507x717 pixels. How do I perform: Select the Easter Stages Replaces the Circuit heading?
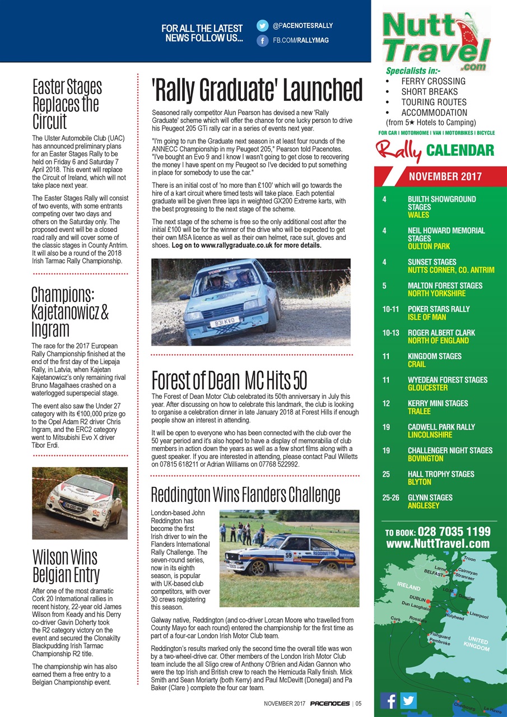[x=67, y=104]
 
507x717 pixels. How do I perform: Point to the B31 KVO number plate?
[x=224, y=322]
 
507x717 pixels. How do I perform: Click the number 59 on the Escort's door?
[x=289, y=556]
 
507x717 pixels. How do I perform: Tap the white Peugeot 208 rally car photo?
[x=80, y=502]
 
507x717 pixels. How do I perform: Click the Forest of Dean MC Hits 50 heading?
[x=229, y=380]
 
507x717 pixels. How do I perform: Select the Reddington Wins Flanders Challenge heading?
[x=245, y=495]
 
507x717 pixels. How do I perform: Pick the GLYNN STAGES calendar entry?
[x=430, y=501]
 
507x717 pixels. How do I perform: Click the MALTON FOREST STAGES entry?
[x=445, y=289]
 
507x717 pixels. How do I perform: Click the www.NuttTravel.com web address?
[x=438, y=543]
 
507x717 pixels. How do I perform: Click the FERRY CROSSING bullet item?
[x=433, y=81]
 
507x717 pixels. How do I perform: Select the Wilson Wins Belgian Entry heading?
[x=65, y=566]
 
